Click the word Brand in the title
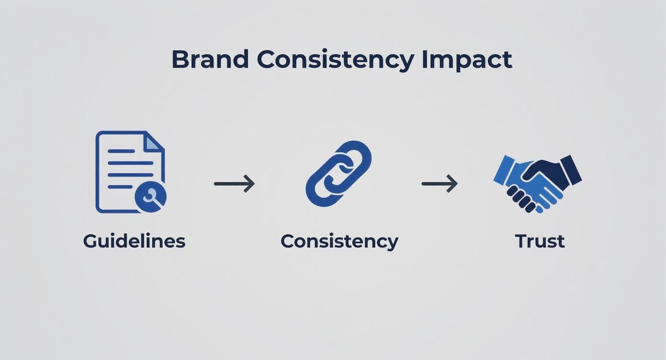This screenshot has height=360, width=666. (210, 60)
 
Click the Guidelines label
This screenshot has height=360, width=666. (134, 241)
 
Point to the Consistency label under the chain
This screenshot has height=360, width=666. (339, 241)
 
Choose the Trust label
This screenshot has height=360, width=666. (540, 241)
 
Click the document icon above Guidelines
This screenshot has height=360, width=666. (127, 170)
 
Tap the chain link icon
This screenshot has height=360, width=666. (339, 173)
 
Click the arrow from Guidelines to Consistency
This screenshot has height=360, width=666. (234, 183)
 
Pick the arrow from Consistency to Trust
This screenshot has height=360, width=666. (439, 183)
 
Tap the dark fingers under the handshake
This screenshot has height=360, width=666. (521, 199)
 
